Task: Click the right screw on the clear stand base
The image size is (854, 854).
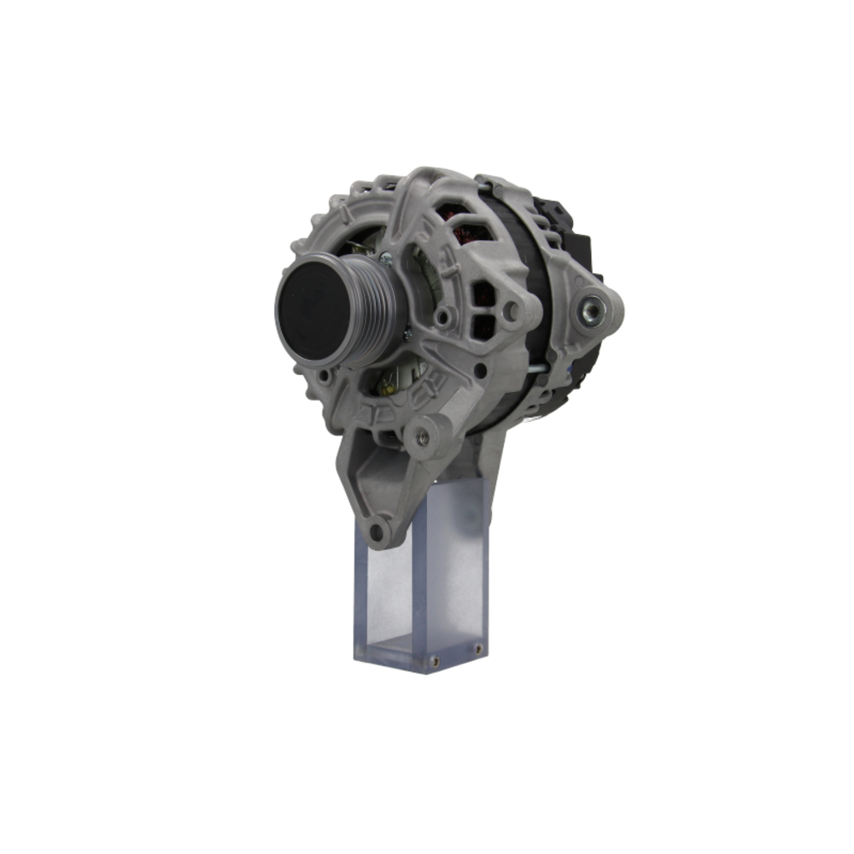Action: click(477, 651)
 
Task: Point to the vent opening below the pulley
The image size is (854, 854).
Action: click(393, 376)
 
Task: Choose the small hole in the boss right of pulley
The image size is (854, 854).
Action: click(442, 318)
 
